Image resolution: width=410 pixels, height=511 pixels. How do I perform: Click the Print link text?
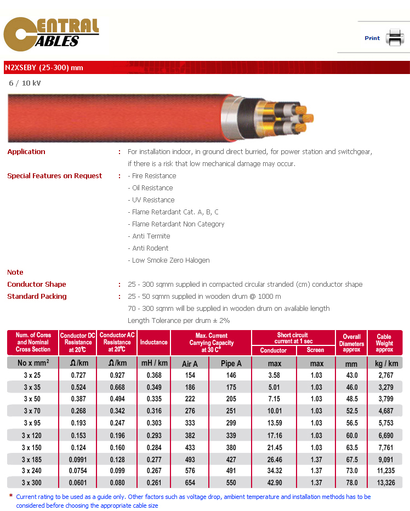point(372,38)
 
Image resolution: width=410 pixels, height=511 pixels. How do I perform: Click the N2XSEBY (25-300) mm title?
point(44,68)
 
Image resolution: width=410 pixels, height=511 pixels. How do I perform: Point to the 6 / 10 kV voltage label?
point(25,83)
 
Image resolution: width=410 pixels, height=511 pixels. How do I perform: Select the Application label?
point(26,152)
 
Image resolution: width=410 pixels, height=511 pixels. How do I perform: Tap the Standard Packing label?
point(37,297)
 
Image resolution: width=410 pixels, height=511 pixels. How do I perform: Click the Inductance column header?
point(153,342)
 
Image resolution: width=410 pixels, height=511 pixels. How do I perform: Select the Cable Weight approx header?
point(384,343)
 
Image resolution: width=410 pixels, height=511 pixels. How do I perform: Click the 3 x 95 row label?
point(33,423)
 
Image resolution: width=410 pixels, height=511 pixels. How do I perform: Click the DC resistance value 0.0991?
point(78,458)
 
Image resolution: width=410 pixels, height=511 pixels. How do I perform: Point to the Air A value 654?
point(190,482)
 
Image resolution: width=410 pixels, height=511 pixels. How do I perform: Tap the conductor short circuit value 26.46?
point(274,458)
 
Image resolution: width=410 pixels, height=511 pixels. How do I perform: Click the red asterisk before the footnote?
point(11,496)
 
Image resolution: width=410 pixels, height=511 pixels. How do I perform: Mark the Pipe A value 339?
point(231,435)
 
